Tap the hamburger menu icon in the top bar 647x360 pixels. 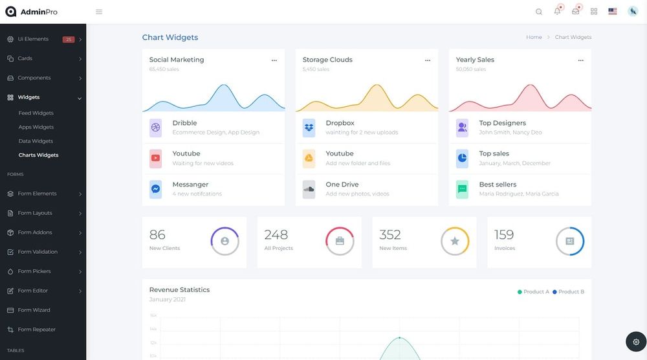(x=99, y=12)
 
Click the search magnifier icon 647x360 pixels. (x=539, y=12)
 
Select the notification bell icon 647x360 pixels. (x=557, y=11)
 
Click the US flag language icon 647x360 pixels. (x=612, y=12)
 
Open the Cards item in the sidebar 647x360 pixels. (x=25, y=58)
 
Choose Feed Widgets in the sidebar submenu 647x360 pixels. (x=36, y=113)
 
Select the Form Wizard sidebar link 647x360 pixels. (x=34, y=310)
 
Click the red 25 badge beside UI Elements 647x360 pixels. (x=69, y=39)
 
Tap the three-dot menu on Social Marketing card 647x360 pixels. (x=274, y=60)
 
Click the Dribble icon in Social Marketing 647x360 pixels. (x=156, y=128)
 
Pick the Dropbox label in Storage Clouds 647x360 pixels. (x=340, y=123)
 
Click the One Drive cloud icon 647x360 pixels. (x=309, y=189)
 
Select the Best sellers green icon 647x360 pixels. (x=462, y=189)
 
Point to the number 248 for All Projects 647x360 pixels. (x=276, y=234)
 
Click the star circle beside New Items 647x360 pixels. (x=455, y=242)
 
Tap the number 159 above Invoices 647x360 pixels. (x=504, y=234)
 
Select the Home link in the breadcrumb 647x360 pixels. (x=534, y=38)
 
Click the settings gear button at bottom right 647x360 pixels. (x=636, y=341)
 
